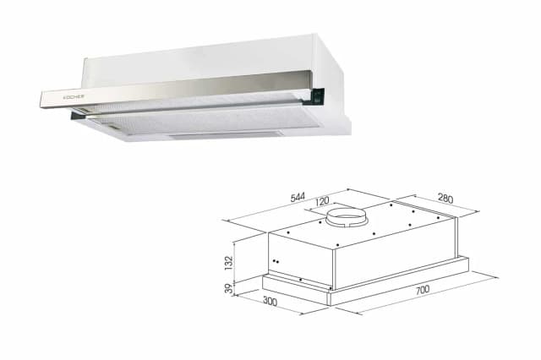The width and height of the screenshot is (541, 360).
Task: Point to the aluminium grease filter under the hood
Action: pyautogui.click(x=211, y=118)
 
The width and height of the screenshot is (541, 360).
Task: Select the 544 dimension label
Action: pyautogui.click(x=298, y=199)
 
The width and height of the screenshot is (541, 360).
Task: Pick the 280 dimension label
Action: pyautogui.click(x=445, y=199)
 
